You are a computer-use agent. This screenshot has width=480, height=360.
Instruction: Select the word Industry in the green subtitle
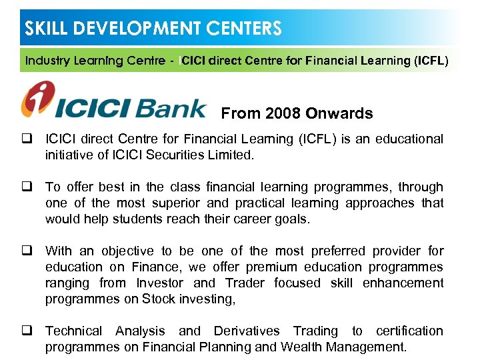(49, 61)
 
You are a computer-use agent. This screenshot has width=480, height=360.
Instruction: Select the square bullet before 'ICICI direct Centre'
(29, 139)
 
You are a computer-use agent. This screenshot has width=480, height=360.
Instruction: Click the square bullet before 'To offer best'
(29, 187)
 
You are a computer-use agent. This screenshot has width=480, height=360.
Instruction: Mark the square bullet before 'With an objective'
(29, 251)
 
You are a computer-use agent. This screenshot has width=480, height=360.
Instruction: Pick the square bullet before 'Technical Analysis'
(29, 331)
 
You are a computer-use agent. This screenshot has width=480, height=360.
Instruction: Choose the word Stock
(157, 299)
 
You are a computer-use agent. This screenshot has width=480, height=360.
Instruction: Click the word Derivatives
(245, 331)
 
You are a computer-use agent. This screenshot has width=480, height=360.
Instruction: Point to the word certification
(409, 331)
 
